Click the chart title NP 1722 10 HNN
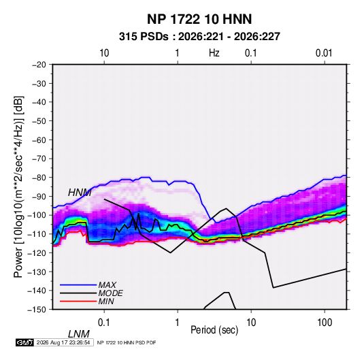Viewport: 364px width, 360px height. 199,19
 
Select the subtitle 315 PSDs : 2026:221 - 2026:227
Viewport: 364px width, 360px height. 199,37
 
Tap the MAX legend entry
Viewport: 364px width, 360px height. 107,284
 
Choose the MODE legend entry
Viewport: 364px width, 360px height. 110,293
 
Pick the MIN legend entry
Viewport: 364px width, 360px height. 106,301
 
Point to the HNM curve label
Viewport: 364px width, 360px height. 80,193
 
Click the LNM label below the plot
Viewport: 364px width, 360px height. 79,334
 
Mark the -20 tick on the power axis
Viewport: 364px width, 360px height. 39,65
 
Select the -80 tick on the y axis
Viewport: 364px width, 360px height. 39,178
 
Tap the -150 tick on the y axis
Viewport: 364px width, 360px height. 37,310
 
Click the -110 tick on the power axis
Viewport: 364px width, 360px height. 37,234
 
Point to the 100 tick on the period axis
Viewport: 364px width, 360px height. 325,323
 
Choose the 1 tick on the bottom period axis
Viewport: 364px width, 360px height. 178,323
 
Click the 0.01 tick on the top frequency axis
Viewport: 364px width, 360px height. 324,53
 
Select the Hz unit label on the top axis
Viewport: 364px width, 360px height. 214,53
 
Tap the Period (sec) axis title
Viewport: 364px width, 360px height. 214,330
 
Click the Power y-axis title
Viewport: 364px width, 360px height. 18,187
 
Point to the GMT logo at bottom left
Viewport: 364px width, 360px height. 25,342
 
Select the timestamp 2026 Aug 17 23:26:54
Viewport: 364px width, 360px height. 63,342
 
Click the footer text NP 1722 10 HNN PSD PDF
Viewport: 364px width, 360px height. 127,342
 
